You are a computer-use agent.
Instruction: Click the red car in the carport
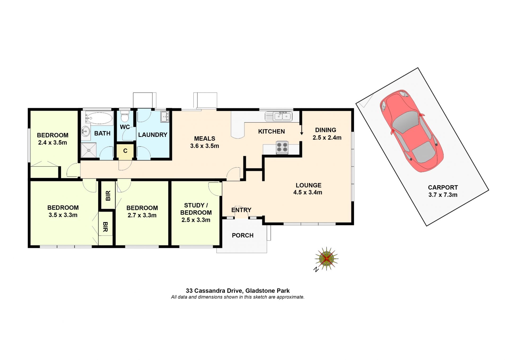[x=412, y=131]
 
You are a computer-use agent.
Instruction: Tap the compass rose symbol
[x=326, y=259]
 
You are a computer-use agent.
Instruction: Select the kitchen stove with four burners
[x=282, y=147]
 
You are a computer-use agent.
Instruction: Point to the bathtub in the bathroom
[x=99, y=118]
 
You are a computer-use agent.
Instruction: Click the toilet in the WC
[x=125, y=117]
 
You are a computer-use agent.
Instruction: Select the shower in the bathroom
[x=89, y=150]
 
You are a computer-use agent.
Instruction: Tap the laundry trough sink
[x=165, y=117]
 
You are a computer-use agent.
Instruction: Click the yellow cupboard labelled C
[x=125, y=152]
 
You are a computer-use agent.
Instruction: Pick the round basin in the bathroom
[x=85, y=131]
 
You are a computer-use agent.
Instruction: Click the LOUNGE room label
[x=308, y=185]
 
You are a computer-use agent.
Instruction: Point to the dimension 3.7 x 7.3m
[x=443, y=195]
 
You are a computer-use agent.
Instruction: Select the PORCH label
[x=243, y=235]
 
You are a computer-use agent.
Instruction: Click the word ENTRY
[x=241, y=210]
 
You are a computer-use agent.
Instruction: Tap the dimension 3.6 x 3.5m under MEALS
[x=204, y=146]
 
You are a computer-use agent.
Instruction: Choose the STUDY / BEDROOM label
[x=196, y=209]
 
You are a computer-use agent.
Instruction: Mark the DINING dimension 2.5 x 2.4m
[x=327, y=138]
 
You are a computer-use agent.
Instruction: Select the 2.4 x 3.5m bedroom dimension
[x=52, y=143]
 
